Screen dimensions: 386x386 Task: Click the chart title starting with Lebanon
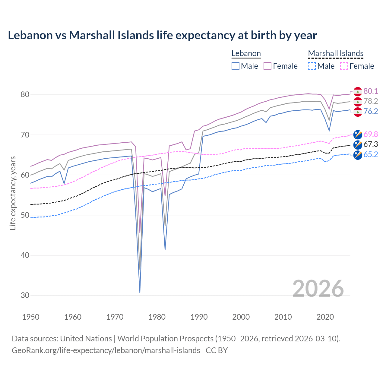162,35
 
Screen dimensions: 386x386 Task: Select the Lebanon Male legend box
236,66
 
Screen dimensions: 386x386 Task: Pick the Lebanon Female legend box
268,66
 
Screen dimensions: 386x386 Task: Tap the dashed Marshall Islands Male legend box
312,66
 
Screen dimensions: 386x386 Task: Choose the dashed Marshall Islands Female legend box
344,66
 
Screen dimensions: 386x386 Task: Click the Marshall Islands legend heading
336,53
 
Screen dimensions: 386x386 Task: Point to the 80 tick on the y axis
25,95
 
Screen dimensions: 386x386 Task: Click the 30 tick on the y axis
25,296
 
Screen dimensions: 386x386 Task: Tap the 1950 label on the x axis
31,317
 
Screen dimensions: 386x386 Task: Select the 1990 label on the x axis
199,317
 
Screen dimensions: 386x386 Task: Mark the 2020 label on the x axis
325,317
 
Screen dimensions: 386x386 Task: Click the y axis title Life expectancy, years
13,193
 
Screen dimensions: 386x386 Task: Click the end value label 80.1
371,91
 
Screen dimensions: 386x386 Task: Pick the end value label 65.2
371,155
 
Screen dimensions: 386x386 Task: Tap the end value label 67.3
371,144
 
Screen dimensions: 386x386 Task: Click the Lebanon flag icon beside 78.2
358,102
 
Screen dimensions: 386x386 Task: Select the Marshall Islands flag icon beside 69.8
358,134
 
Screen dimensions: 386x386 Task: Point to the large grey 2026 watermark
318,289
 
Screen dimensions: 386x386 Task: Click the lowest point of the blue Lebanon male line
140,292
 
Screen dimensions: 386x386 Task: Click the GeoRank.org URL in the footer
106,350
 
